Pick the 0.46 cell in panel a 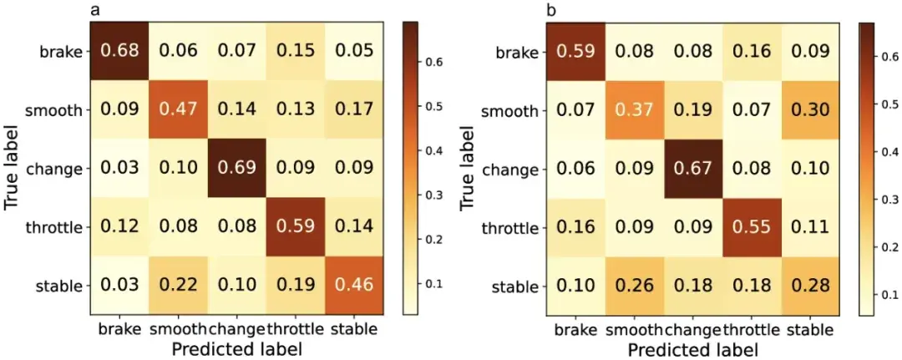point(352,286)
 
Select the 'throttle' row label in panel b point(515,228)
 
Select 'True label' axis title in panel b point(469,169)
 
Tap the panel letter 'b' point(550,10)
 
